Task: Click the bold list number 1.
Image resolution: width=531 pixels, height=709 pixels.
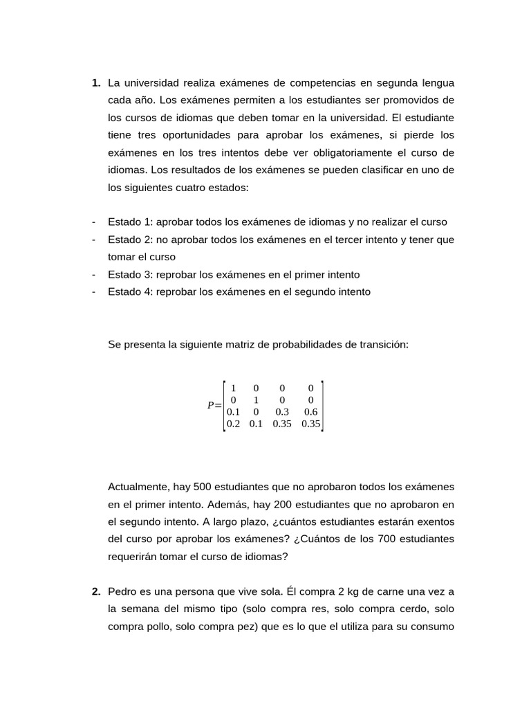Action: click(95, 83)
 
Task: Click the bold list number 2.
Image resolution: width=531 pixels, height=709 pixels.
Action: click(95, 592)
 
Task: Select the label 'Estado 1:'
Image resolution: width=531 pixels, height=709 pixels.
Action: click(130, 222)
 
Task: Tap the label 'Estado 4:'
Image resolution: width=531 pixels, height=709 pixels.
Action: click(130, 292)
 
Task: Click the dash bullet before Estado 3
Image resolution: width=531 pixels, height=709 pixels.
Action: click(93, 275)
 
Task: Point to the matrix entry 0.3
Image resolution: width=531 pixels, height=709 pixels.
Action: click(282, 412)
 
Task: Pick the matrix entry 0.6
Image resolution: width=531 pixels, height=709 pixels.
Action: click(310, 412)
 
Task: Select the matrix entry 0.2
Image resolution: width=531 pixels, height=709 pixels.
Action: click(233, 424)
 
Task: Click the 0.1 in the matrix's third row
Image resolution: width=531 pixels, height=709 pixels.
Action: click(233, 412)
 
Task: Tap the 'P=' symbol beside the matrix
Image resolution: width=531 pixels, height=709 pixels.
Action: click(214, 406)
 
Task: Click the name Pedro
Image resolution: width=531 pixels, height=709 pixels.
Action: click(122, 592)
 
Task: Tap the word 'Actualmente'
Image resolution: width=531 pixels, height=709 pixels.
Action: click(136, 487)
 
